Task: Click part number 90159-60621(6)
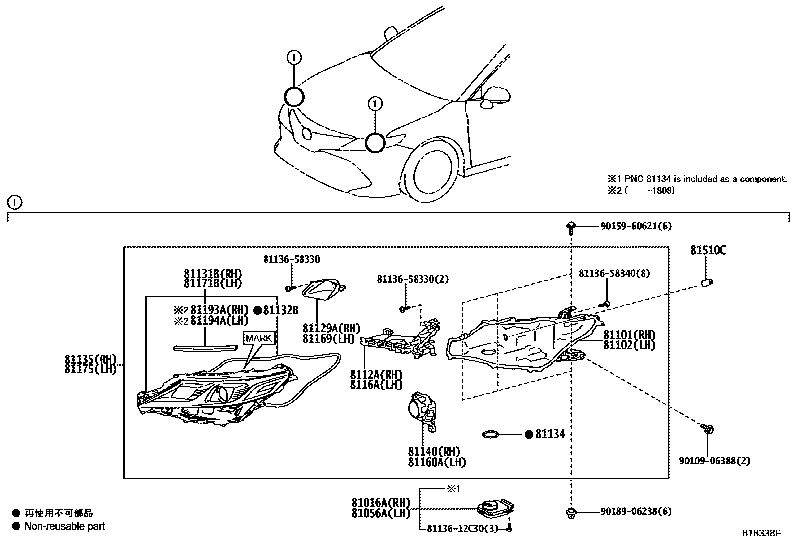636,226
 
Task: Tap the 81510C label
708,250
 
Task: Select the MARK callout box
259,338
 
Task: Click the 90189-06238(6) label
636,511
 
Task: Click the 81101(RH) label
629,335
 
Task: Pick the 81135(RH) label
90,359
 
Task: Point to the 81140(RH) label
434,452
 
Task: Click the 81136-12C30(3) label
462,529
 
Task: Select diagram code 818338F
761,534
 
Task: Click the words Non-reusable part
65,526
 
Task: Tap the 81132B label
281,310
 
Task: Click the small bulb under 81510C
706,283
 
